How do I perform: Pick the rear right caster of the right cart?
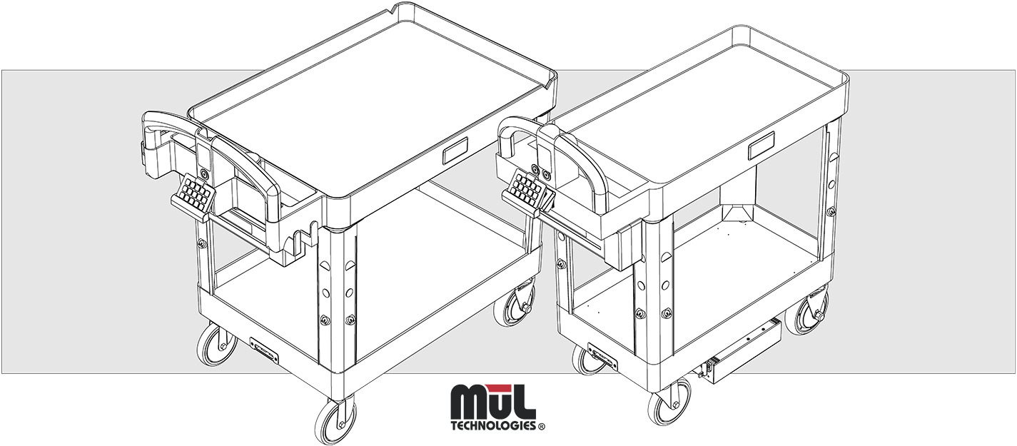[816, 308]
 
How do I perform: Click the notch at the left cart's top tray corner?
[393, 10]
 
